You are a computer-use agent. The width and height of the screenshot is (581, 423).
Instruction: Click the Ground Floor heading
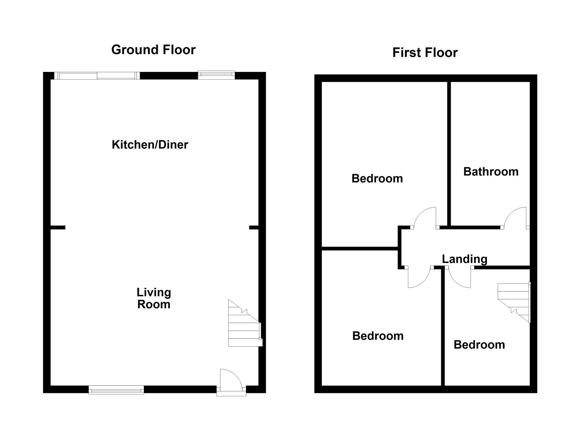(153, 50)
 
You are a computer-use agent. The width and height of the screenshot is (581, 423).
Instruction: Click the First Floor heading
(425, 53)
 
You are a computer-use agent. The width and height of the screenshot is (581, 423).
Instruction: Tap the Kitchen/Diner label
(150, 145)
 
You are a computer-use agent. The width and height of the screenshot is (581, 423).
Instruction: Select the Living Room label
(154, 298)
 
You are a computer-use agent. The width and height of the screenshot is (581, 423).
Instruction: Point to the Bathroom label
(491, 172)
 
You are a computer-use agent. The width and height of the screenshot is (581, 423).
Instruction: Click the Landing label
(464, 259)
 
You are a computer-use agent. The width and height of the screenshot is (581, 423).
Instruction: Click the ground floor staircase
(244, 327)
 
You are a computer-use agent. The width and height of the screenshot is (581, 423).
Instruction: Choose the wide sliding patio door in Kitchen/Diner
(97, 76)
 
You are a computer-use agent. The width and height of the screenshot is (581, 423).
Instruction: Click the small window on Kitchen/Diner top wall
(216, 75)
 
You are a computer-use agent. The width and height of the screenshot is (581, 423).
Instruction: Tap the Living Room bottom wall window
(116, 390)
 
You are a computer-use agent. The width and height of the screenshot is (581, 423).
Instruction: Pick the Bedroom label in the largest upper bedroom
(377, 179)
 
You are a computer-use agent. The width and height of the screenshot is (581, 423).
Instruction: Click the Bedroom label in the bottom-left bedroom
(378, 336)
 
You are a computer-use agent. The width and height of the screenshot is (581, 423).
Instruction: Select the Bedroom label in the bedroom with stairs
(479, 345)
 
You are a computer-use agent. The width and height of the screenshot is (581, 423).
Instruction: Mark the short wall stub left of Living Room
(58, 227)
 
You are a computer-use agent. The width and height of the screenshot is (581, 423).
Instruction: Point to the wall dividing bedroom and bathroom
(449, 153)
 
